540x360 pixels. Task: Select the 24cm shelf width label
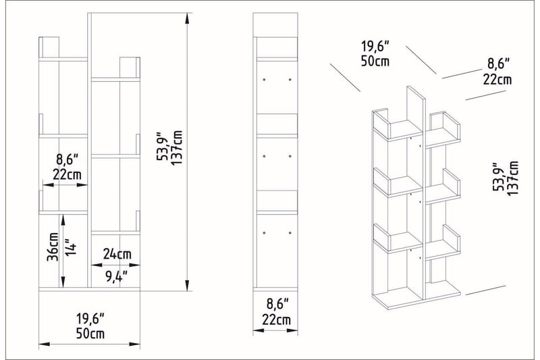pos(117,254)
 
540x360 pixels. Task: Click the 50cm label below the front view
pos(89,334)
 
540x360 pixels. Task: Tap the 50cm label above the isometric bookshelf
pos(375,61)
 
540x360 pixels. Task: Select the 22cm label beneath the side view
pos(277,319)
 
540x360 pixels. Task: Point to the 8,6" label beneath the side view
pos(277,303)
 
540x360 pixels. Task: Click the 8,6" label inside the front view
pos(67,160)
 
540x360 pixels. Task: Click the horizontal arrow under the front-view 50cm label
pos(89,344)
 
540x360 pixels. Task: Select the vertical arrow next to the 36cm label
pos(63,250)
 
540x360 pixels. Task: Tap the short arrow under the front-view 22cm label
pos(65,184)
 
